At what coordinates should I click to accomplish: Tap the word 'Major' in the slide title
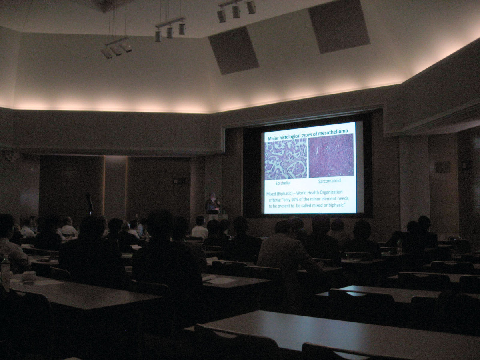(x=273, y=138)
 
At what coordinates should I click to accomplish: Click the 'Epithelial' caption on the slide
(x=283, y=183)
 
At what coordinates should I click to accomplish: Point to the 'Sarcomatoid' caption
(x=330, y=181)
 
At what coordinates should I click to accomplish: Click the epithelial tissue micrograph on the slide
(x=286, y=159)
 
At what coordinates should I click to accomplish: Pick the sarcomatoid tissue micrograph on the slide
(x=331, y=156)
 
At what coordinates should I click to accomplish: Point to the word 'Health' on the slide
(x=312, y=193)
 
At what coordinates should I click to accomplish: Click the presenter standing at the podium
(x=212, y=206)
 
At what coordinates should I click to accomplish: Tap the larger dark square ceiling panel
(x=339, y=26)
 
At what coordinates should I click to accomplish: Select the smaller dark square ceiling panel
(x=234, y=50)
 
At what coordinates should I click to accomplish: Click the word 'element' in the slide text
(x=330, y=199)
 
